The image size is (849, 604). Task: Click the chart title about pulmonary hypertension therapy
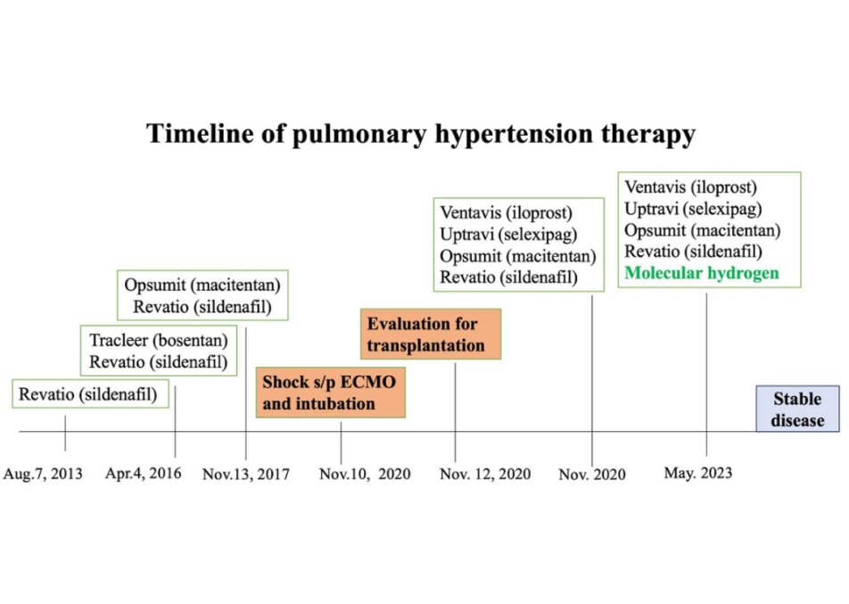pos(421,134)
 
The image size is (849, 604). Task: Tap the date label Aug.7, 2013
pos(43,474)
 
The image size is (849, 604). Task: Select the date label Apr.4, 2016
pos(143,474)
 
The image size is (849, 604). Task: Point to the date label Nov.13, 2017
pos(246,475)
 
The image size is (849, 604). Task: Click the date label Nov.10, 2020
pos(365,475)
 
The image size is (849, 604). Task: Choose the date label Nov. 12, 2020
pos(485,475)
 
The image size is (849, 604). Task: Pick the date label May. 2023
pos(698,473)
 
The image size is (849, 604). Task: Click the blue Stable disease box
pos(797,409)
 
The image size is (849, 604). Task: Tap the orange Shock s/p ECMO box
pos(330,393)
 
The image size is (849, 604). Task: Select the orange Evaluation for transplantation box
pos(431,335)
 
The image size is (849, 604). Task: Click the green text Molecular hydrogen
pos(702,273)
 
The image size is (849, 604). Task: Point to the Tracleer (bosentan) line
pos(159,340)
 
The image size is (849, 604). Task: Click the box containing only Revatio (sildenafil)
pos(90,393)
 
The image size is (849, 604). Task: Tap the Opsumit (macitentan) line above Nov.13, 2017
pos(202,285)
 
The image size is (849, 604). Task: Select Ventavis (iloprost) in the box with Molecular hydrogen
pos(690,187)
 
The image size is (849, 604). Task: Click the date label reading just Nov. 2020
pos(592,475)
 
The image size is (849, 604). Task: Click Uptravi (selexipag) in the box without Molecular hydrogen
pos(508,235)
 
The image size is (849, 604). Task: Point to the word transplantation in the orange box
pos(426,345)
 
